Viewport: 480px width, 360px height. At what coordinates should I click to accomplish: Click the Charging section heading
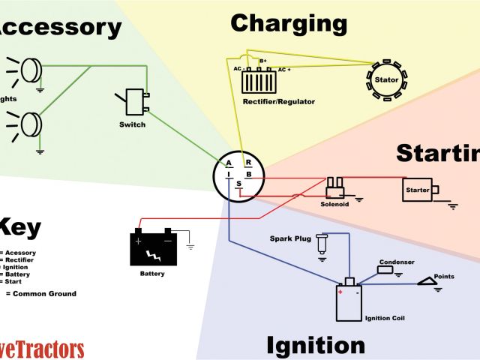tap(289, 24)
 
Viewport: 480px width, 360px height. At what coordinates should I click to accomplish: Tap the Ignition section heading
tap(316, 346)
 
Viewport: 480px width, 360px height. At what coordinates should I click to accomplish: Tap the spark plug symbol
tap(322, 244)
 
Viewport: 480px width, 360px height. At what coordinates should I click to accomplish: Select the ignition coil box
tap(348, 302)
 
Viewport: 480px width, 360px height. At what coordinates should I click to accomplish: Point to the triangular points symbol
tap(431, 282)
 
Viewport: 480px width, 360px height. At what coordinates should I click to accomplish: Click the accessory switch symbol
tap(134, 102)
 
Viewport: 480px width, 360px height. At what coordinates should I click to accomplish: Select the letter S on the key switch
tap(239, 184)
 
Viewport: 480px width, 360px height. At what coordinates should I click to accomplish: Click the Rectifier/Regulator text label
tap(279, 101)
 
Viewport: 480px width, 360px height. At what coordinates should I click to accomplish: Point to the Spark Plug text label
tap(290, 239)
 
